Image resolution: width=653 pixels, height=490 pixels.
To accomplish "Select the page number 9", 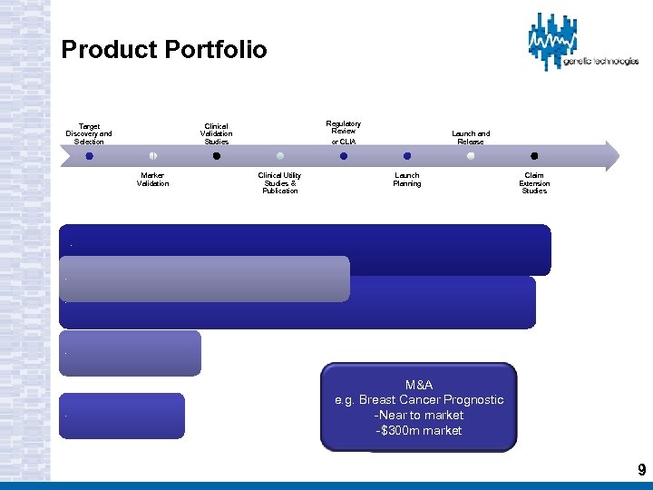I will (x=641, y=469).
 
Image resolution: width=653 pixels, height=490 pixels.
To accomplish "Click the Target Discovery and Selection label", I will (x=89, y=134).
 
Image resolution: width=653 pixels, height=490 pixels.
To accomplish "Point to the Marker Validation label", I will (x=152, y=180).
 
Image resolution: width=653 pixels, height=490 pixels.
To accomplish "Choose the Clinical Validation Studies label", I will (x=216, y=134).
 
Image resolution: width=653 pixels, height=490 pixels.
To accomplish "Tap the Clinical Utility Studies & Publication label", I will (x=279, y=183).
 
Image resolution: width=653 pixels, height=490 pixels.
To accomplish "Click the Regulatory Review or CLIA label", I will (x=344, y=132).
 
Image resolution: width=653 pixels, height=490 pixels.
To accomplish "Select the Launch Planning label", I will (x=407, y=180).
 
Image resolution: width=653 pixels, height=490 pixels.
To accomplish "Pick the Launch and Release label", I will (x=471, y=138).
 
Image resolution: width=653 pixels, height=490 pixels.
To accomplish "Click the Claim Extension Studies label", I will (x=534, y=183).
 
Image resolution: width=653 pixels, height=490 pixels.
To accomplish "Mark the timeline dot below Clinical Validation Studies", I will (x=216, y=156).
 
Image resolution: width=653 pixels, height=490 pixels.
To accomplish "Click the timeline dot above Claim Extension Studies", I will (x=534, y=156).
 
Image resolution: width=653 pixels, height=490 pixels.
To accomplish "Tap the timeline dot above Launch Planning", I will (x=407, y=156).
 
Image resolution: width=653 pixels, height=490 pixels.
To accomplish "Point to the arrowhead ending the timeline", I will (x=611, y=156).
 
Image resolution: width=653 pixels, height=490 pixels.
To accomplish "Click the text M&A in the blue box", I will (x=418, y=386).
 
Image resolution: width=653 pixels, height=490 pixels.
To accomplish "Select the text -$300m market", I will (x=418, y=430).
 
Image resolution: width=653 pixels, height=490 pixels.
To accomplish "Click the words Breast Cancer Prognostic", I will (x=432, y=400).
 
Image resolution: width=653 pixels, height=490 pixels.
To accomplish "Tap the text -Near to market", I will (x=418, y=415).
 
